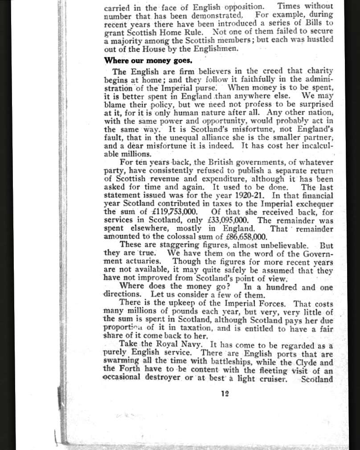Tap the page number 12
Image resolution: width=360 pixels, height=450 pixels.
click(x=225, y=393)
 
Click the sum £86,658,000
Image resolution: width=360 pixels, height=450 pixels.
click(x=241, y=237)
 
